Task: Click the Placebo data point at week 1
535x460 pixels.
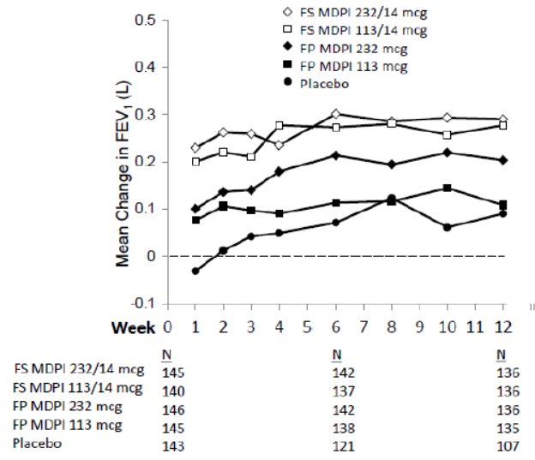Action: [195, 271]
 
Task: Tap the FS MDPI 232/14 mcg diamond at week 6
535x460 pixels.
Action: [335, 114]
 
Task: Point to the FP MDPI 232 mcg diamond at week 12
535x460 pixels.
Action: [503, 160]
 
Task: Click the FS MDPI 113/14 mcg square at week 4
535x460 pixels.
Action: [280, 125]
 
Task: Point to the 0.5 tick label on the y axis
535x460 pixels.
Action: [147, 19]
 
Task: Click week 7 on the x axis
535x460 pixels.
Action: [364, 326]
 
